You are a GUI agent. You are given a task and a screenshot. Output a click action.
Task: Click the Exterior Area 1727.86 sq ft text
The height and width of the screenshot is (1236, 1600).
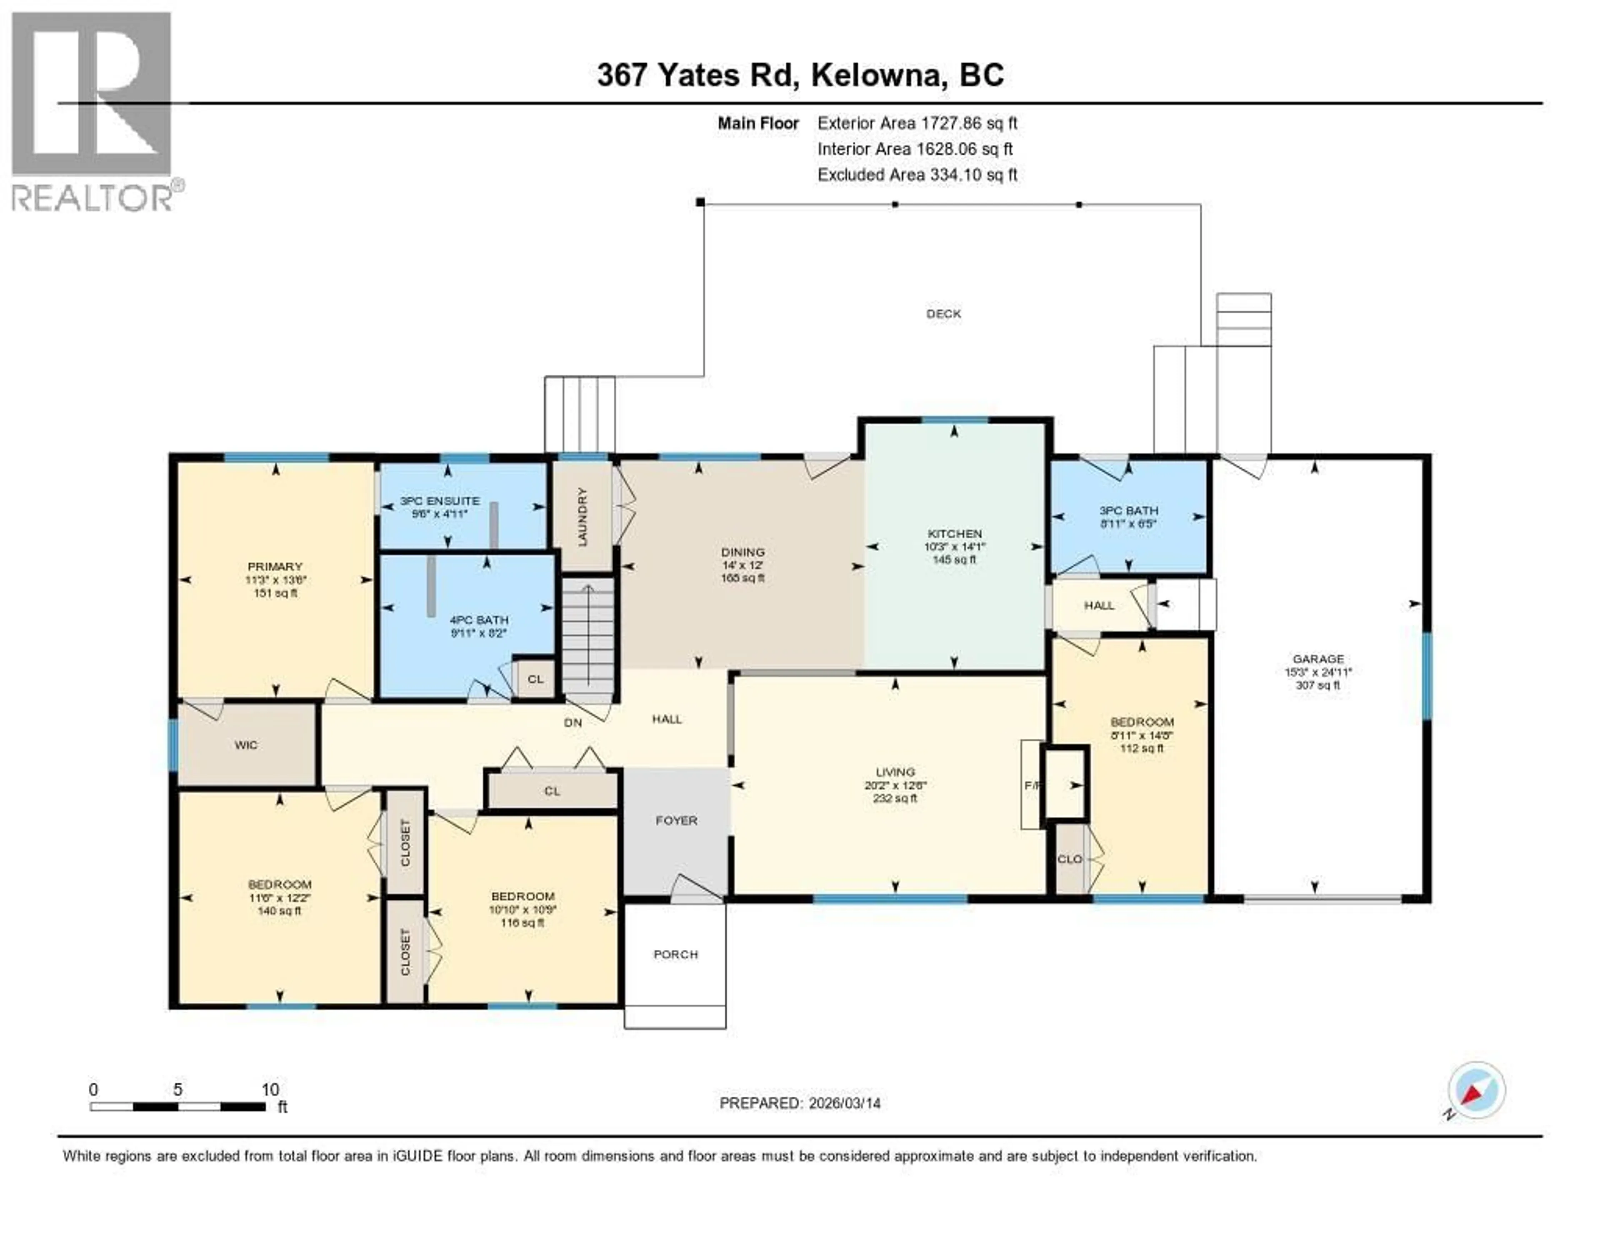(x=917, y=123)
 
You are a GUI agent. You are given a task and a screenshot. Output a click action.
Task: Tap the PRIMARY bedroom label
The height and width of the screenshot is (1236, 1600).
(x=275, y=566)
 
